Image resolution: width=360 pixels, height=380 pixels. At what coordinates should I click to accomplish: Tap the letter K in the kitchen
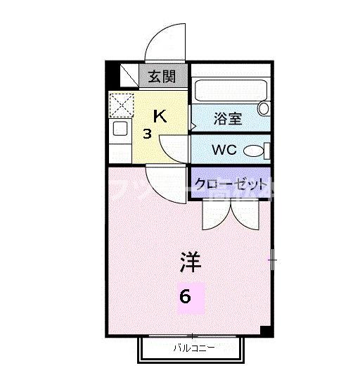(160, 117)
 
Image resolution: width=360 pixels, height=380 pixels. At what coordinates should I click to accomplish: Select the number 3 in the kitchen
(148, 133)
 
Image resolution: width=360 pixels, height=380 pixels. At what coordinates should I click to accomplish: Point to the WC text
(224, 150)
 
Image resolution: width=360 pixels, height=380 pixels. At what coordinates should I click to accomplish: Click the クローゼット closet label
(231, 184)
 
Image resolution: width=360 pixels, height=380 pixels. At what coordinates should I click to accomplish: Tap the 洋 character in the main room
(190, 263)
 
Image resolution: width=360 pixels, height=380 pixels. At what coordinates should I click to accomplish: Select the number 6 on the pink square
(185, 296)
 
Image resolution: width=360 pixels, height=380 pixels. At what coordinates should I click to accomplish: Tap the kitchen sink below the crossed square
(120, 129)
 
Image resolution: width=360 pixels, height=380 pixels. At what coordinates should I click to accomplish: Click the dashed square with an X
(121, 105)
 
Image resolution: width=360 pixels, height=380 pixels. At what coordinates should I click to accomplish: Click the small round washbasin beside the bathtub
(263, 108)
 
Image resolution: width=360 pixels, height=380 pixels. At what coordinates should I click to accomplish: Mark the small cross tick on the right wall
(272, 262)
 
